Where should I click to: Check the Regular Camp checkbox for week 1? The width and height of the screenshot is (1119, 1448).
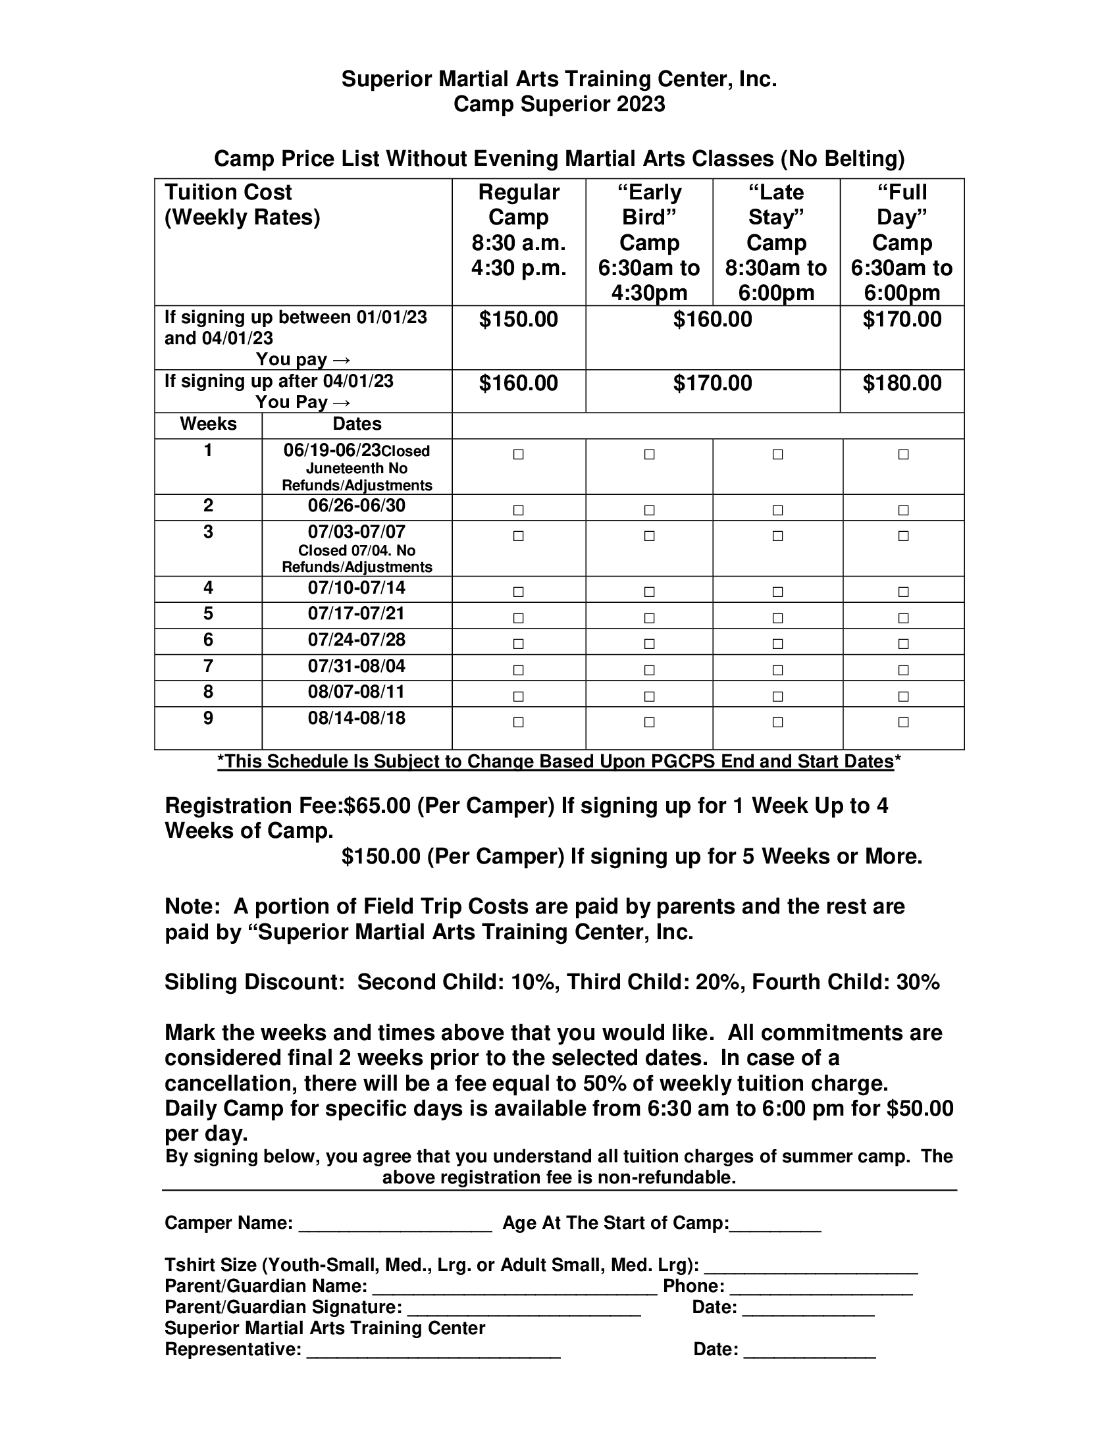(519, 455)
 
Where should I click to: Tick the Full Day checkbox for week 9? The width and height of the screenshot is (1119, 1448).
(903, 722)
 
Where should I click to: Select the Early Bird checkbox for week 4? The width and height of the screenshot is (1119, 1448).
(649, 592)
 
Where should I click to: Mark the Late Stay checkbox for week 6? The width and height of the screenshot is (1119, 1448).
(777, 644)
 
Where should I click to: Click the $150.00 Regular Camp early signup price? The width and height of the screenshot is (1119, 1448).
(519, 320)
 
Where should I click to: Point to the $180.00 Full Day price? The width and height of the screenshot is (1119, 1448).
(902, 383)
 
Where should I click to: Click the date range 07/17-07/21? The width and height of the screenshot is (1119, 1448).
(356, 613)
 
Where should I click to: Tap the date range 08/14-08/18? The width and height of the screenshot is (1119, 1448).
(356, 718)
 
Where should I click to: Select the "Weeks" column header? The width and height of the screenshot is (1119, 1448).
(208, 425)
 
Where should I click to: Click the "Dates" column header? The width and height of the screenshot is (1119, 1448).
(357, 425)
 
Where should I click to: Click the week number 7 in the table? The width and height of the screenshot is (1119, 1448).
(208, 665)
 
